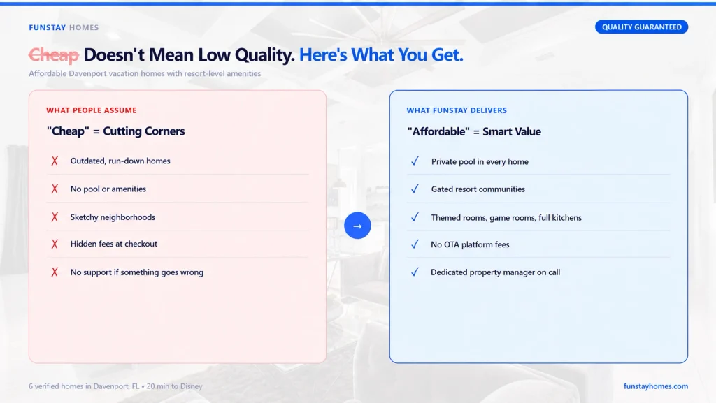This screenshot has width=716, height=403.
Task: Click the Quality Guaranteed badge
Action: (x=641, y=27)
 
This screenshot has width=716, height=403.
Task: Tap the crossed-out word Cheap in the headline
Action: (x=54, y=55)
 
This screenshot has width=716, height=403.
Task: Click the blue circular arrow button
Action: (x=357, y=226)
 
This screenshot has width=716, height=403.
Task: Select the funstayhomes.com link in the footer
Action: (x=656, y=386)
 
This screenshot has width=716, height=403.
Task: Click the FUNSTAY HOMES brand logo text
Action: (x=64, y=27)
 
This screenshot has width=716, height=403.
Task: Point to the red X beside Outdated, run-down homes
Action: (x=55, y=161)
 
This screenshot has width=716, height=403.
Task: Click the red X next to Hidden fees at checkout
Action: (x=55, y=244)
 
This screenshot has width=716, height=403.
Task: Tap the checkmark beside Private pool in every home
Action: (x=415, y=161)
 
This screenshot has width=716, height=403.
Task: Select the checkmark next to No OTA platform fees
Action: (x=415, y=244)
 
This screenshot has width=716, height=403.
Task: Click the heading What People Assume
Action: (x=92, y=110)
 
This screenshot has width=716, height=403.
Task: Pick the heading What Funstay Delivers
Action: (x=457, y=110)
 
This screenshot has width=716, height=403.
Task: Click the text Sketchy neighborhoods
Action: (x=113, y=217)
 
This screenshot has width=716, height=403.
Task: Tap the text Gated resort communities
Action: (x=478, y=189)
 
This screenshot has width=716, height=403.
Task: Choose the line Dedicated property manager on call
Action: (x=496, y=272)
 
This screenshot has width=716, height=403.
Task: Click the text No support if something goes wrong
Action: (x=137, y=272)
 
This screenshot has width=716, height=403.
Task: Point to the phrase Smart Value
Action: (x=512, y=132)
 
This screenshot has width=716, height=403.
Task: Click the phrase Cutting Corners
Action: (x=144, y=131)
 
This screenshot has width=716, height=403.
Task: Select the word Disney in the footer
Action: (x=192, y=386)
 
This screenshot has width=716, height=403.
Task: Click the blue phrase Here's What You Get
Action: (x=381, y=55)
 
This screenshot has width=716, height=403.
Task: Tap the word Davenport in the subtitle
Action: (x=87, y=73)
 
